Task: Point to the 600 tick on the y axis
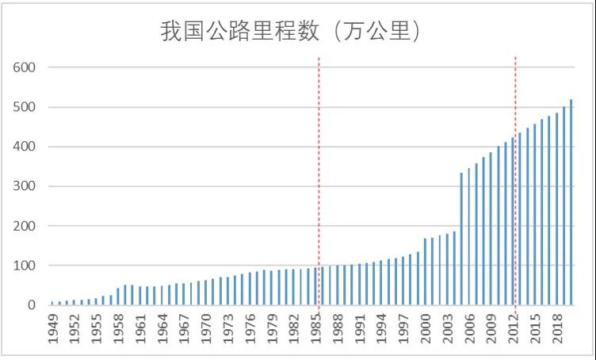tap(25, 67)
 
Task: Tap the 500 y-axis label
tap(25, 107)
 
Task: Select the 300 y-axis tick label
tap(25, 186)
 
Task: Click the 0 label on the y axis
tap(32, 305)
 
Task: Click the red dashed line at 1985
tap(319, 159)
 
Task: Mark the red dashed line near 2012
tap(516, 159)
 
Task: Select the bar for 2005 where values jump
tap(461, 239)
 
